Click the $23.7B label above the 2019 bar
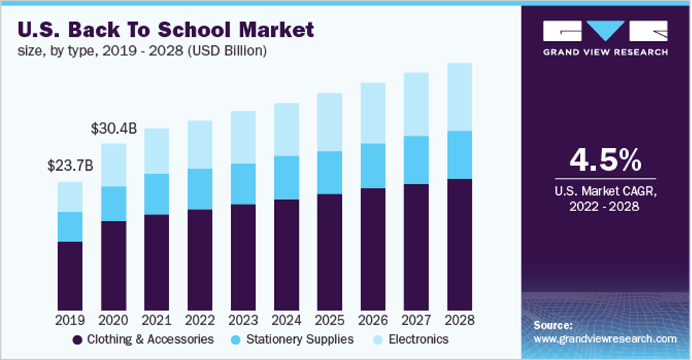click(70, 166)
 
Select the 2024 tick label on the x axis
click(286, 320)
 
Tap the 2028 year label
click(459, 320)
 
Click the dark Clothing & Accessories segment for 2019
click(70, 276)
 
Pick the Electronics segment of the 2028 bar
click(459, 96)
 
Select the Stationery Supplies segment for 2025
click(329, 172)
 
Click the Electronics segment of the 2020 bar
click(113, 164)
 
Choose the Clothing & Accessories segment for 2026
click(373, 249)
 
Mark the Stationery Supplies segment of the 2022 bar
click(200, 189)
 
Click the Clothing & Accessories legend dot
click(77, 339)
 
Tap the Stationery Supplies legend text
click(300, 339)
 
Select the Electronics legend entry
click(416, 339)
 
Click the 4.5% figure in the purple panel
click(605, 160)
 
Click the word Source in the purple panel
click(553, 325)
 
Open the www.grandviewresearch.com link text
click(605, 339)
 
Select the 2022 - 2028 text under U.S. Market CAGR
click(605, 207)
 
